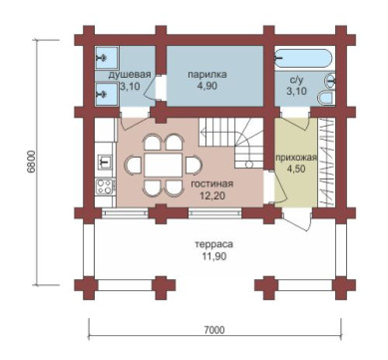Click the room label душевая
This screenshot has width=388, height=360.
point(130,75)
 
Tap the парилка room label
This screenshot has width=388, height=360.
point(207,74)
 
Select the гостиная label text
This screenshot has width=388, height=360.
point(212,183)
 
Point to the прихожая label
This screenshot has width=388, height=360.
point(295,158)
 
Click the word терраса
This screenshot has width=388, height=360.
point(214,244)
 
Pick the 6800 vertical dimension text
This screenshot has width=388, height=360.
point(31,162)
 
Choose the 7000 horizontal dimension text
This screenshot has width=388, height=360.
point(214,330)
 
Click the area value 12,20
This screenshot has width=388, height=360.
point(212,195)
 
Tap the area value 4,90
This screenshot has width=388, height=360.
point(207,86)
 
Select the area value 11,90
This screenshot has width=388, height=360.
point(214,256)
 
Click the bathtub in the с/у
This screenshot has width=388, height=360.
point(303,59)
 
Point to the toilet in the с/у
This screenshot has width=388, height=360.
point(326,99)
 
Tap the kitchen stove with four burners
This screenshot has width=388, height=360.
point(105,186)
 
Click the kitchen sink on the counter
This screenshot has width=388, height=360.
point(105,162)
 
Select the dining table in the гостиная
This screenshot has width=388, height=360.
point(164,165)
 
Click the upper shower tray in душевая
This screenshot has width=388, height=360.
point(107,58)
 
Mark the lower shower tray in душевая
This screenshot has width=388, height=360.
point(107,95)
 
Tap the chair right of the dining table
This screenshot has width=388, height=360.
point(194,165)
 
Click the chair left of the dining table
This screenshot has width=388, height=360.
point(133,165)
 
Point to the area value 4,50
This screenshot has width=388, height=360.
point(295,169)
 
